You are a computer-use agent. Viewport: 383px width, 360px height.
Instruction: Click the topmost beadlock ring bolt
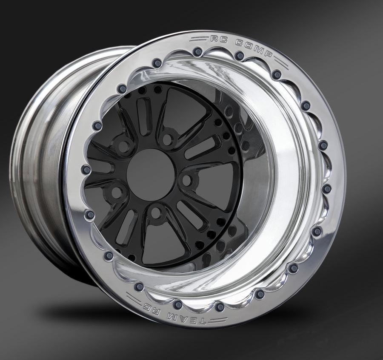click(x=197, y=52)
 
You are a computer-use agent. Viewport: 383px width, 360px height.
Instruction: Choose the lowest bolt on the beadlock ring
click(x=219, y=307)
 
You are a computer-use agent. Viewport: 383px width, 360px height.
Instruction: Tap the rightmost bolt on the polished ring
click(x=326, y=189)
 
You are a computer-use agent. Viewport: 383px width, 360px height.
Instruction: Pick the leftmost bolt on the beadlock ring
click(x=86, y=170)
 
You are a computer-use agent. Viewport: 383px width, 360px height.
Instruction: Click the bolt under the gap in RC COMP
click(x=239, y=56)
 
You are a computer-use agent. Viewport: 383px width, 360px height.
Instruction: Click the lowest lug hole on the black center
click(x=156, y=213)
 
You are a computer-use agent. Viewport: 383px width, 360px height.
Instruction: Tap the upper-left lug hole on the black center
click(x=124, y=147)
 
